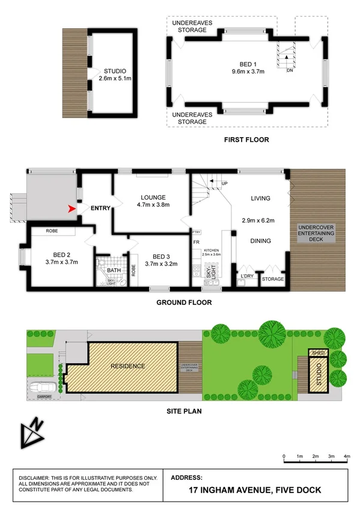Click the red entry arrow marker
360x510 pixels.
(73, 209)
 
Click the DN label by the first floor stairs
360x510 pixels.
(289, 70)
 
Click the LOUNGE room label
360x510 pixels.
(153, 197)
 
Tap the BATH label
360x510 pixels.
(114, 270)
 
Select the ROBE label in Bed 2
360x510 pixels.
(52, 230)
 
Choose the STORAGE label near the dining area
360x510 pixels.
(272, 278)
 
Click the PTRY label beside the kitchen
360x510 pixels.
(196, 232)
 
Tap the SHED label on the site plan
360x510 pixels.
(317, 353)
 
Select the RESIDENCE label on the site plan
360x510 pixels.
(127, 366)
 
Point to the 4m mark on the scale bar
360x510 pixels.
(346, 457)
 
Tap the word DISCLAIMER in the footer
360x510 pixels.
(38, 477)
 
